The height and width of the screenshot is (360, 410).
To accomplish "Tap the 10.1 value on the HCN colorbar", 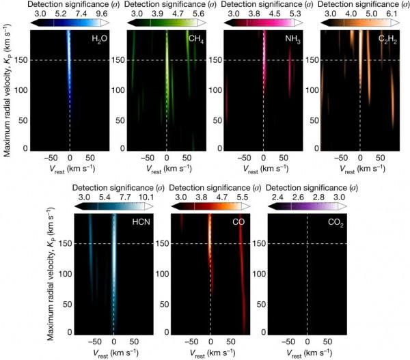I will tap(142, 195).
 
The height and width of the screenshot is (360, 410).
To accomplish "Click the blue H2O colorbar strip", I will tap(68, 23).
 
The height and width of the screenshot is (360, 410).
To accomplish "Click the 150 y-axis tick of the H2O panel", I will tap(23, 59).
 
